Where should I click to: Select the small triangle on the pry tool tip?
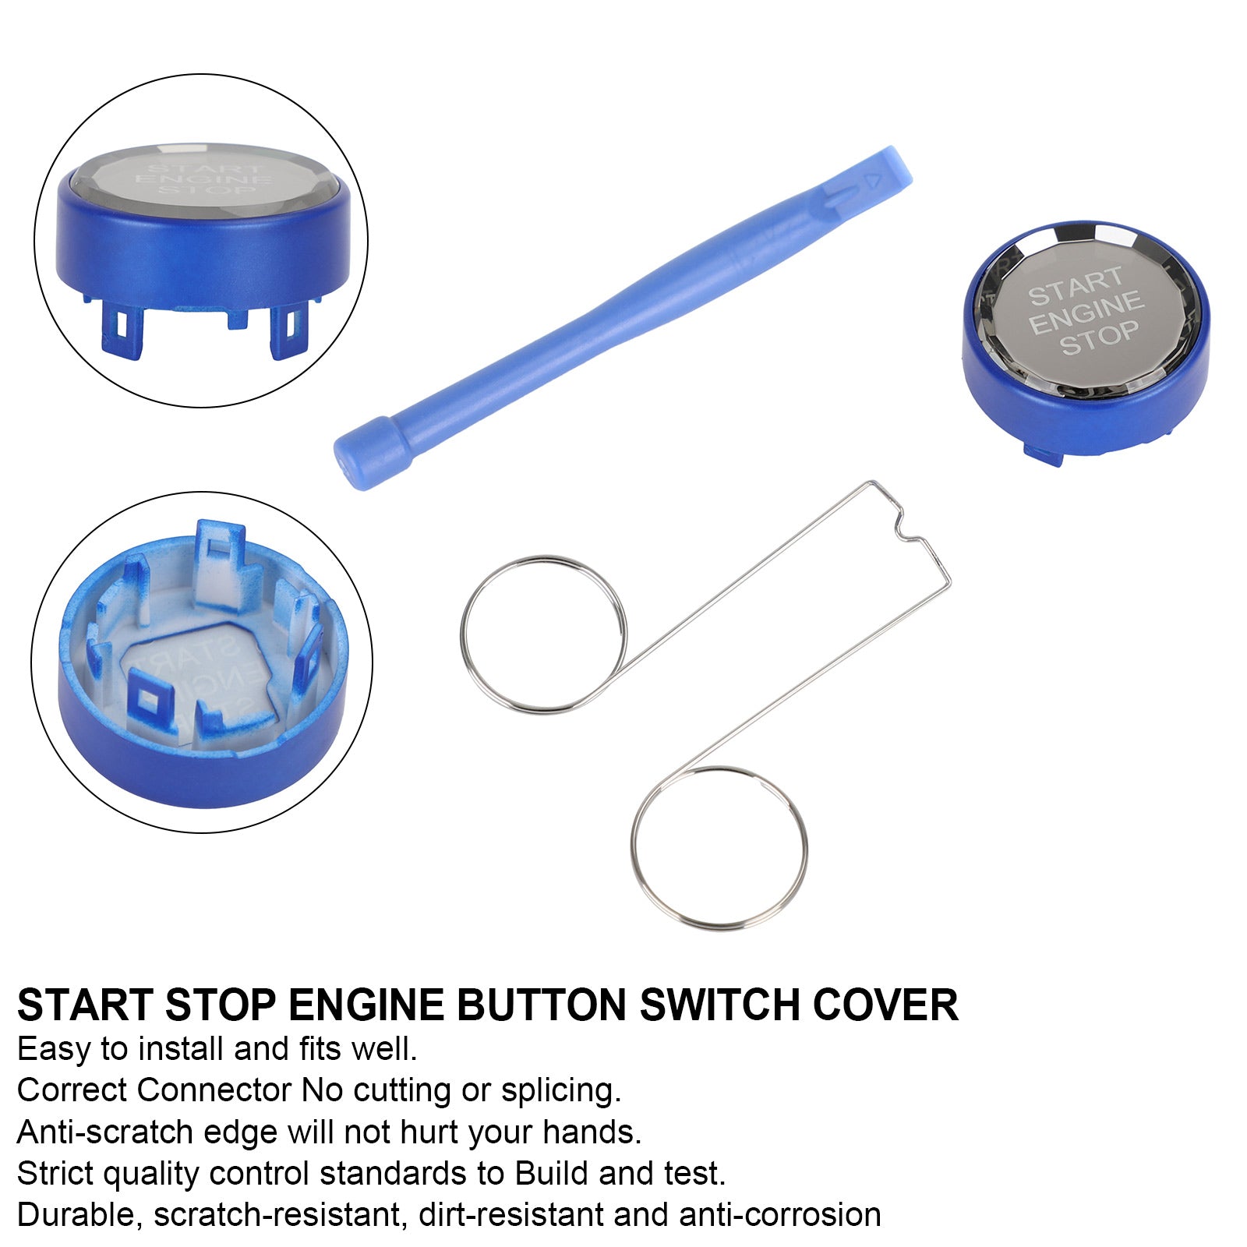point(872,181)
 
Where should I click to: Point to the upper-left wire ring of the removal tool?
point(543,634)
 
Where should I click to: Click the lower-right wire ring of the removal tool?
point(719,847)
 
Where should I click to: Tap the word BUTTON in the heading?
point(541,1005)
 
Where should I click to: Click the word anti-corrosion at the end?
point(779,1215)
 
